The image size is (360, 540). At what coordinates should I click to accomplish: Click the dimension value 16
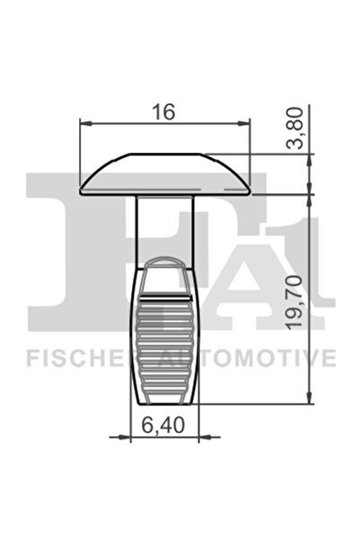(163, 111)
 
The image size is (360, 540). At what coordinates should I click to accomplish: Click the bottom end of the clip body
(166, 399)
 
